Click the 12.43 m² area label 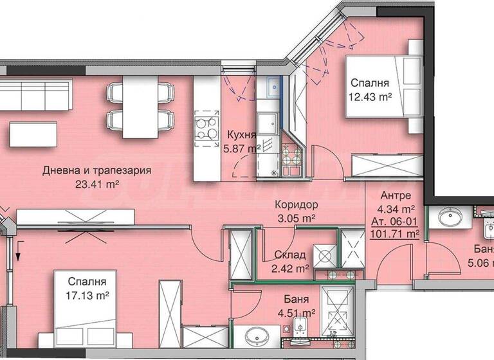click(x=371, y=97)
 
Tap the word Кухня click(x=242, y=135)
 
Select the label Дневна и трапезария click(x=97, y=171)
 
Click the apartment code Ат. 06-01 click(x=392, y=221)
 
